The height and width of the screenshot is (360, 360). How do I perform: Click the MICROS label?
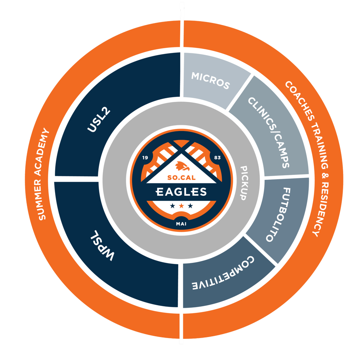pyautogui.click(x=211, y=80)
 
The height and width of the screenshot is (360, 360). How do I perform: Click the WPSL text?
pyautogui.click(x=102, y=245)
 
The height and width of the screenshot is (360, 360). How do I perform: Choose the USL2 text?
pyautogui.click(x=99, y=120)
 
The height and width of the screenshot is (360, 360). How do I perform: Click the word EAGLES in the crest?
pyautogui.click(x=181, y=192)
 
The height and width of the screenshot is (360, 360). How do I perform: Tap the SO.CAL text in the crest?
pyautogui.click(x=181, y=177)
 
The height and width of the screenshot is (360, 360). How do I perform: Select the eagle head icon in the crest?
pyautogui.click(x=182, y=166)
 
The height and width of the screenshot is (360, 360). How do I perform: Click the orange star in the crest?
pyautogui.click(x=181, y=206)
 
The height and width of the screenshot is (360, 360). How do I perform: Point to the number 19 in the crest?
pyautogui.click(x=145, y=158)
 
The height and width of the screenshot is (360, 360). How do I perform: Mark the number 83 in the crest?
pyautogui.click(x=217, y=158)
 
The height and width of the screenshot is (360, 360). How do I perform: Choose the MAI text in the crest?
pyautogui.click(x=181, y=224)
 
